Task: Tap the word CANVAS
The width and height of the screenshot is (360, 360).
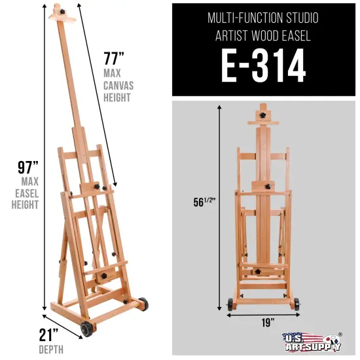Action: [x=117, y=83]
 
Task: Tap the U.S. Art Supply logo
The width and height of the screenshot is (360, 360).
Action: [x=314, y=342]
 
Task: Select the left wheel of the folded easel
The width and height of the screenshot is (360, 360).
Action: [x=230, y=303]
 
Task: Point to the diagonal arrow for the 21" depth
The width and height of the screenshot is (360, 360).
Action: [x=63, y=325]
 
